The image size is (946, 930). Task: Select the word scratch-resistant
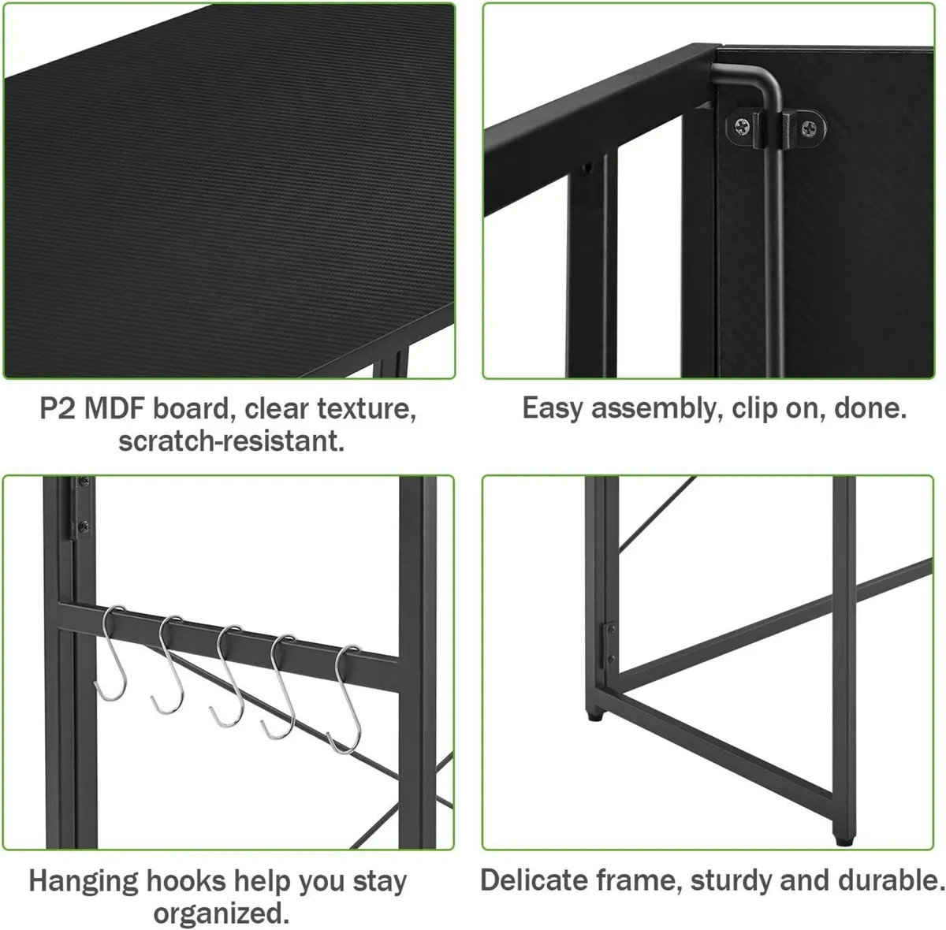[231, 441]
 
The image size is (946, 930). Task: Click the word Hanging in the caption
[84, 881]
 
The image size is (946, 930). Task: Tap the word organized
[221, 913]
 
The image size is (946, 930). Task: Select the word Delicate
[534, 880]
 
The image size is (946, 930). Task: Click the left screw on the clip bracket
[741, 128]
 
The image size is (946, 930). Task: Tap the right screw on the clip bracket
[809, 129]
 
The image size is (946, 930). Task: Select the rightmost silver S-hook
[346, 700]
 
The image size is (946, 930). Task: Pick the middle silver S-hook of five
[229, 677]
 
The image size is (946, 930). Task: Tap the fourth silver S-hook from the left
[281, 687]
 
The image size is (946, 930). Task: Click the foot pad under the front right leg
[844, 841]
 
